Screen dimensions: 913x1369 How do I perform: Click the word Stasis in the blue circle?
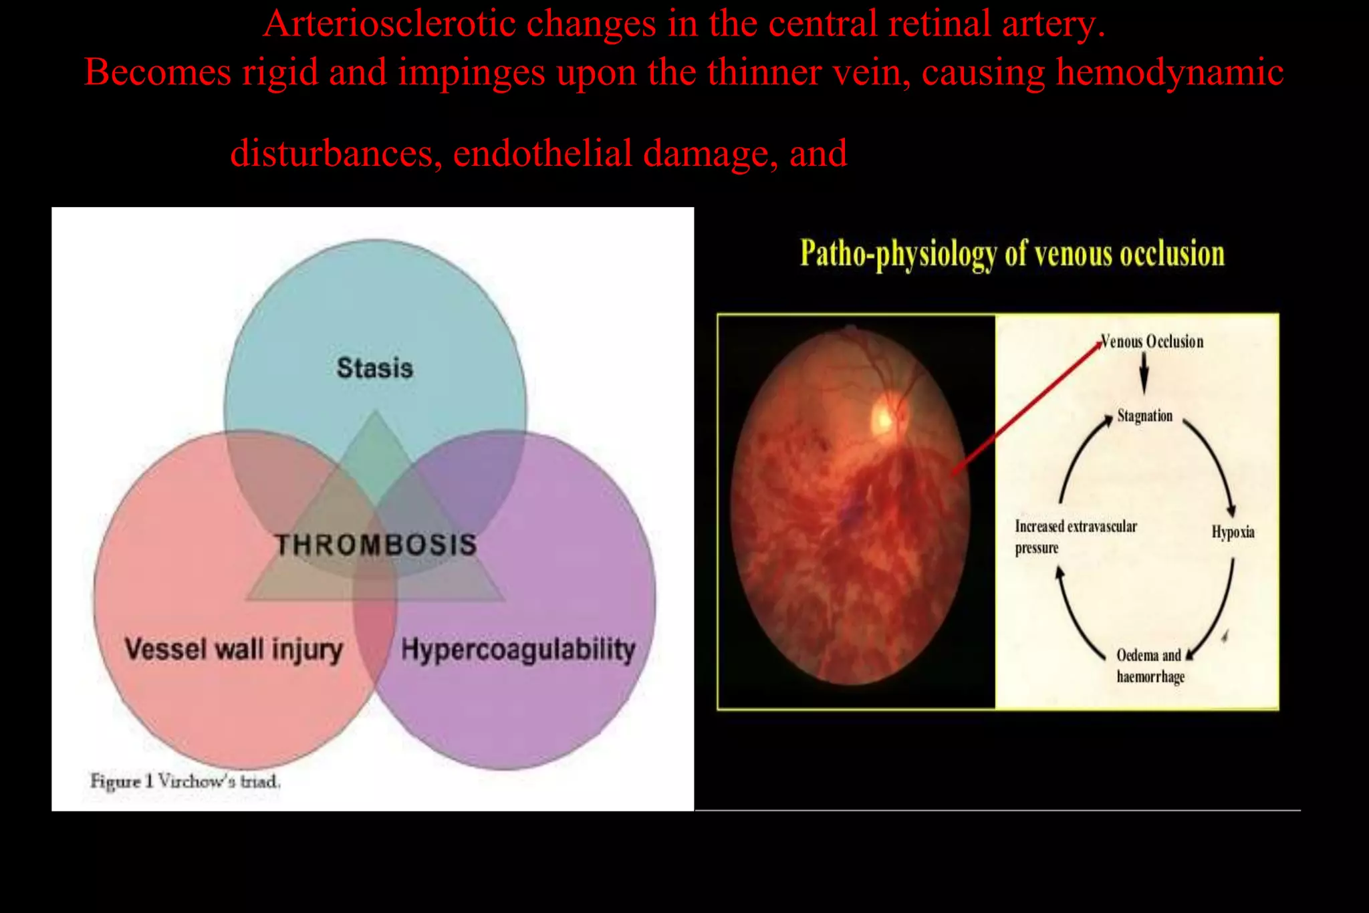tap(374, 368)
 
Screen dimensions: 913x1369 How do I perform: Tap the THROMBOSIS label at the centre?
tap(376, 545)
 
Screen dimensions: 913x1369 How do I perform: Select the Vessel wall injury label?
tap(233, 649)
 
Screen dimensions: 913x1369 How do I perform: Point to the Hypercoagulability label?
tap(517, 649)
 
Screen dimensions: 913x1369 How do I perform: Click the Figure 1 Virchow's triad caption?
tap(185, 781)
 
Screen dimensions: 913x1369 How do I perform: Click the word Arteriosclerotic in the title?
tap(388, 24)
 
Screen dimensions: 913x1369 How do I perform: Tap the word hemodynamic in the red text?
tap(1169, 72)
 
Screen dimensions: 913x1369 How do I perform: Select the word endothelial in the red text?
tap(542, 153)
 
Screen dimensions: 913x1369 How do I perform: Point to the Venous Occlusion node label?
tap(1152, 342)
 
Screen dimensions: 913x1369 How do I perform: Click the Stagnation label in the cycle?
tap(1144, 416)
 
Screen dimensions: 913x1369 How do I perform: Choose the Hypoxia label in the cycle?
tap(1233, 532)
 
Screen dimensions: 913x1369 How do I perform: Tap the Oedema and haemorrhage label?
tap(1150, 665)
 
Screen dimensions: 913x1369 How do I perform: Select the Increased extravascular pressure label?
tap(1075, 536)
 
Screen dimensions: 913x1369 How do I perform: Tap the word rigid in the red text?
tap(280, 72)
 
